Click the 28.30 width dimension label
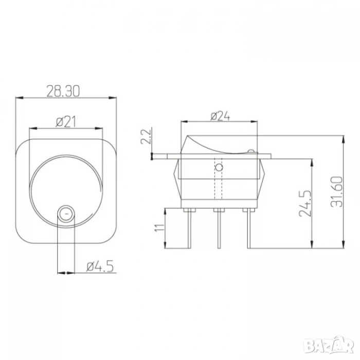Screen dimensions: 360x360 [63, 91]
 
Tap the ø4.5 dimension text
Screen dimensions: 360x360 [100, 266]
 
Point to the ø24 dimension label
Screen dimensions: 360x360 [220, 116]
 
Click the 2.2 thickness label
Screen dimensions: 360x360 [146, 136]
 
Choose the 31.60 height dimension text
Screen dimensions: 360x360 [336, 192]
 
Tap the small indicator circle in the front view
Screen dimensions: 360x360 [66, 214]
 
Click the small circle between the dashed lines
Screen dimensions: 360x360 [219, 167]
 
